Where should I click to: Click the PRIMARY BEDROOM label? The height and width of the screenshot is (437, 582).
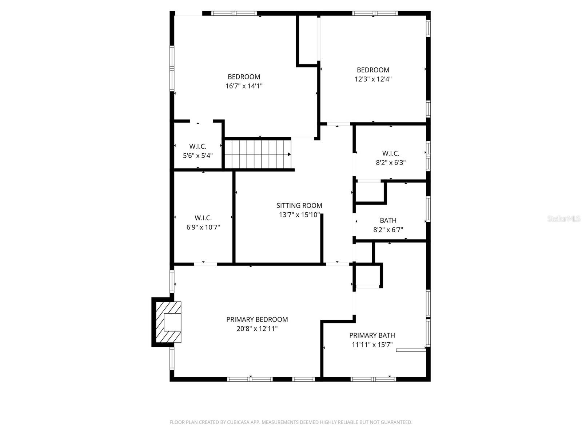coord(257,319)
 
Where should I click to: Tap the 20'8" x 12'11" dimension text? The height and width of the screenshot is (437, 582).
coord(257,328)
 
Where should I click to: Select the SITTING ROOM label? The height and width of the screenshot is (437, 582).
coord(299,205)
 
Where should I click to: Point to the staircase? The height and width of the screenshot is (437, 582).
coord(258,154)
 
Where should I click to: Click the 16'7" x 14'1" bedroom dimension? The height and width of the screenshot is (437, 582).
coord(244,86)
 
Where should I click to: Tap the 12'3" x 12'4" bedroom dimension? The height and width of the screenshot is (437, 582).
coord(373,79)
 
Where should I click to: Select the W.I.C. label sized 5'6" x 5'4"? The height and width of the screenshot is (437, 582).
coord(198,146)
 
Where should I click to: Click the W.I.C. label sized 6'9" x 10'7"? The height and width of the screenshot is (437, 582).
coord(203,218)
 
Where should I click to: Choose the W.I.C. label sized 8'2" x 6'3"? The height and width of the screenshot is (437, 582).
coord(391,153)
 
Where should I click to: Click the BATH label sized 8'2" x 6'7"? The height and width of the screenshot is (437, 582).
coord(388,220)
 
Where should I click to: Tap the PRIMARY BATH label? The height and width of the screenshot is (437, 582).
coord(372,335)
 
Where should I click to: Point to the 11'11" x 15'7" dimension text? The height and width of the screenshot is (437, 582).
coord(372,345)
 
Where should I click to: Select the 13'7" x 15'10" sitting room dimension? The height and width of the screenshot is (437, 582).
coord(299,215)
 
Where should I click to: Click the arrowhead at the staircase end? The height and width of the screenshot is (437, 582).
coord(289,154)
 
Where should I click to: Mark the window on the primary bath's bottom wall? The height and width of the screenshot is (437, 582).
coord(373,379)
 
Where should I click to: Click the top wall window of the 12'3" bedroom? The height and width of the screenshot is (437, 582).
coord(375,13)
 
